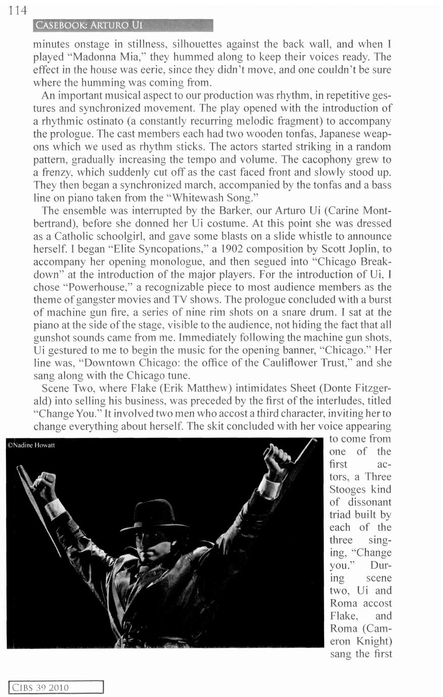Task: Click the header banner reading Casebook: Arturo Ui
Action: (x=121, y=25)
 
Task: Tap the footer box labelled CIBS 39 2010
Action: (x=56, y=687)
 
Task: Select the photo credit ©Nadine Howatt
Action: (x=32, y=445)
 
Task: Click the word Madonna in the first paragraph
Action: (x=98, y=57)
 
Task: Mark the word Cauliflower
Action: (x=289, y=363)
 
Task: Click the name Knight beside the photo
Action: (x=373, y=641)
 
